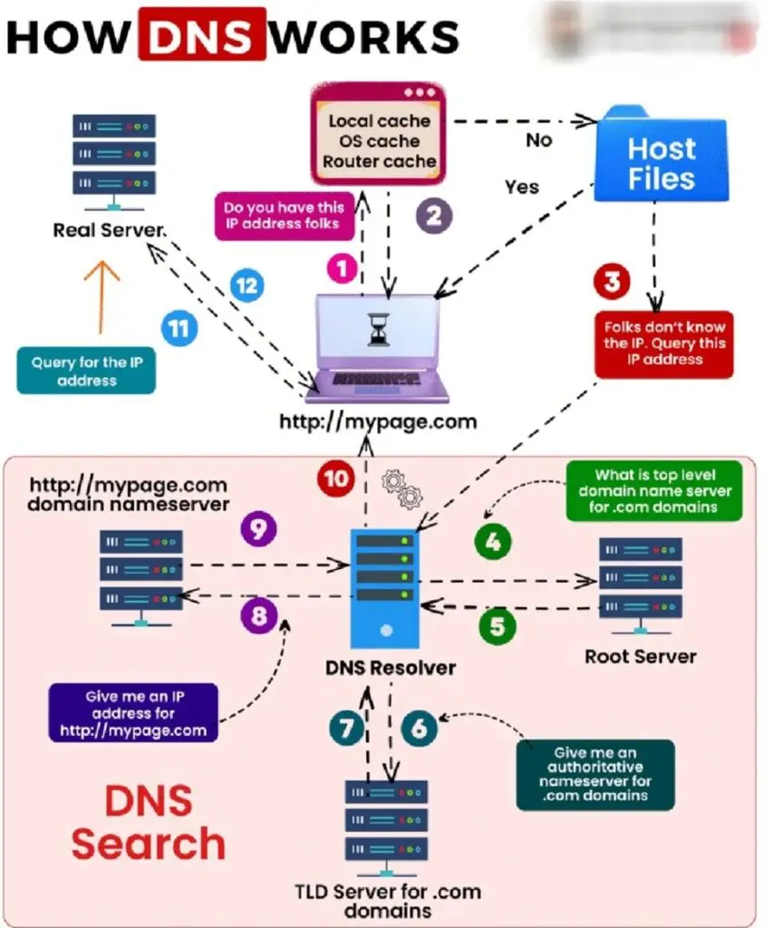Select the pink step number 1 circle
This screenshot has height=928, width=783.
341,269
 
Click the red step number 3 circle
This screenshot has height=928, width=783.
612,282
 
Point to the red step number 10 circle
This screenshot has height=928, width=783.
336,478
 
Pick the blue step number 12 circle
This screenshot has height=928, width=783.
246,286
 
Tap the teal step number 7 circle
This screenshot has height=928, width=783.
346,728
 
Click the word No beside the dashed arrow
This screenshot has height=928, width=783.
540,140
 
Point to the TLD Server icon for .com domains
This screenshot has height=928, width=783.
386,821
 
